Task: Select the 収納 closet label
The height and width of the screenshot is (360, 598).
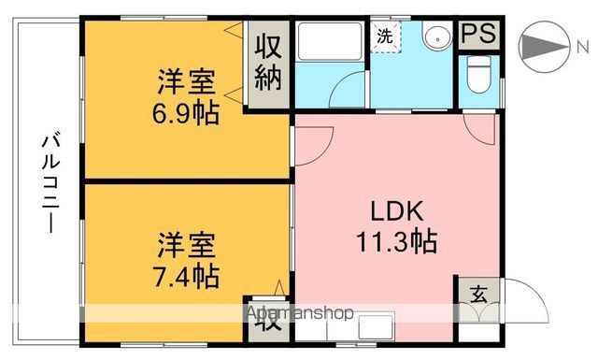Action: tap(269, 62)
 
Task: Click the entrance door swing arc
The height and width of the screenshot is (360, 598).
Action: tap(520, 299)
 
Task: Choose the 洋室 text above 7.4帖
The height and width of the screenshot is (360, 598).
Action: tap(187, 248)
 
